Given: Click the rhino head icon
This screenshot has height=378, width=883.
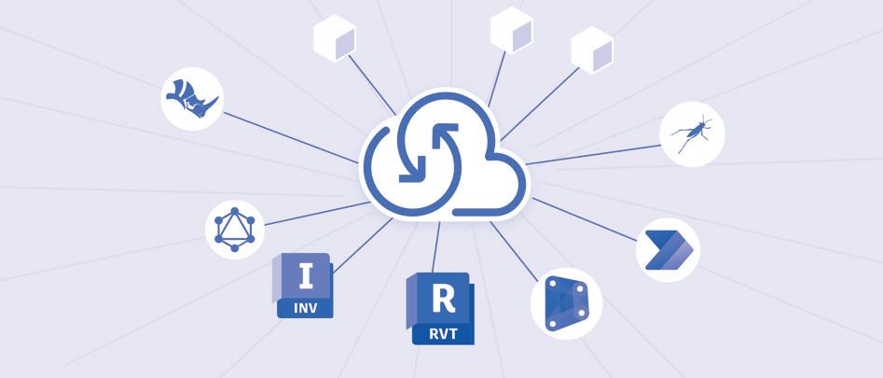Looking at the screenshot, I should pyautogui.click(x=193, y=98).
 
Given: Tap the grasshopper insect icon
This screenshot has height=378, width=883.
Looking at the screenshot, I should pyautogui.click(x=692, y=134).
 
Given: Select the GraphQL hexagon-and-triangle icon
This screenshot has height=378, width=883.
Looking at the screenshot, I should pyautogui.click(x=234, y=227).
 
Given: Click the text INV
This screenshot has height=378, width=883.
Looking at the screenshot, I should pyautogui.click(x=305, y=306).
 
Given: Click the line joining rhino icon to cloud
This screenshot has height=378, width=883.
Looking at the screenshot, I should pyautogui.click(x=289, y=137).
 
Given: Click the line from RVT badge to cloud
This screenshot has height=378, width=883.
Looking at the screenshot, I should pyautogui.click(x=437, y=247).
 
